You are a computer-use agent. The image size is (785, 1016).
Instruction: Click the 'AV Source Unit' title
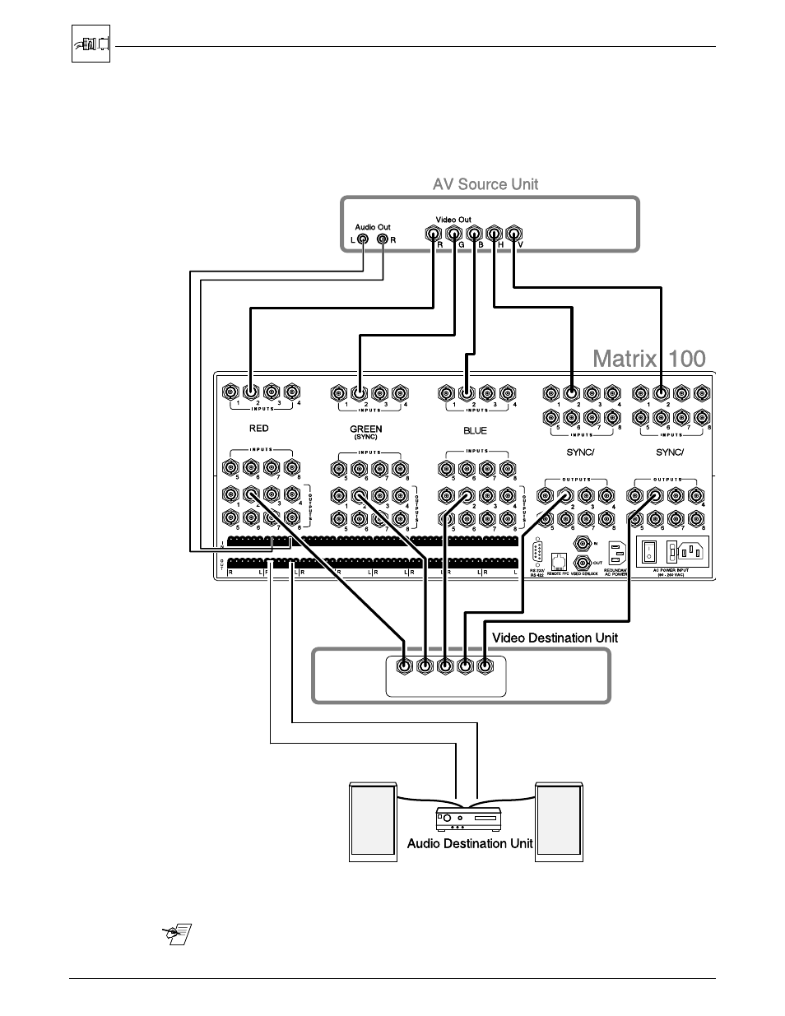[485, 184]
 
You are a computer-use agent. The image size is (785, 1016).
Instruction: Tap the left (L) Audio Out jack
[363, 240]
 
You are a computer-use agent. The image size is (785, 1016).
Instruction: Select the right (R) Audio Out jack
[383, 240]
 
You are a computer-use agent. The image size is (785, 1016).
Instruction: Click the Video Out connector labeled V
[513, 234]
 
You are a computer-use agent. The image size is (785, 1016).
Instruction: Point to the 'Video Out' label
[453, 220]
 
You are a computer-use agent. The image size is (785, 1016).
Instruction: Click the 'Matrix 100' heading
[649, 359]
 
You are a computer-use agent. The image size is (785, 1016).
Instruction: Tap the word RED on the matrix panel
[258, 429]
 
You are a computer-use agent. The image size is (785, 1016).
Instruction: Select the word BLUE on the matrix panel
[475, 430]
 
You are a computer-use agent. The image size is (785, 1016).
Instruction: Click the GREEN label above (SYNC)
[365, 429]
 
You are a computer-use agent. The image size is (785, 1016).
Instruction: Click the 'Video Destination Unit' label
[555, 638]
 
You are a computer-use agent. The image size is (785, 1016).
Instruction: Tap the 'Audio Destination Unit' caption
[470, 843]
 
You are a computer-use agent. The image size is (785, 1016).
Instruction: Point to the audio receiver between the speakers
[467, 819]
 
